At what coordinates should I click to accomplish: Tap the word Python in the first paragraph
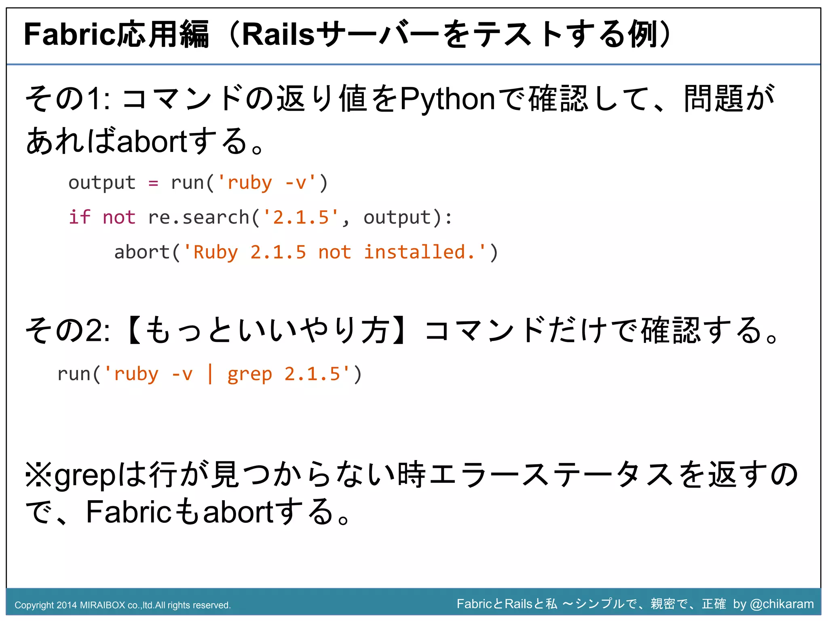[447, 99]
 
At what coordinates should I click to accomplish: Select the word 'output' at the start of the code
[102, 183]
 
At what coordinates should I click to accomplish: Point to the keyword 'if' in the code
[79, 217]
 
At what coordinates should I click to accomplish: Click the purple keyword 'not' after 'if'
[119, 218]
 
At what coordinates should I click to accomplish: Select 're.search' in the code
[199, 218]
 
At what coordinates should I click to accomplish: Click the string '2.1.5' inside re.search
[301, 218]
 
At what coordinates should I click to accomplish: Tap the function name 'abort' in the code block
[142, 252]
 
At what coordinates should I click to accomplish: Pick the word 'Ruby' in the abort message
[215, 253]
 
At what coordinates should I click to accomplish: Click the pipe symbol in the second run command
[210, 374]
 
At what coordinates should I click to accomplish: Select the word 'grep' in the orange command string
[249, 374]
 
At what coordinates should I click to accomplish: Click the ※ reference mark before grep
[38, 475]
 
